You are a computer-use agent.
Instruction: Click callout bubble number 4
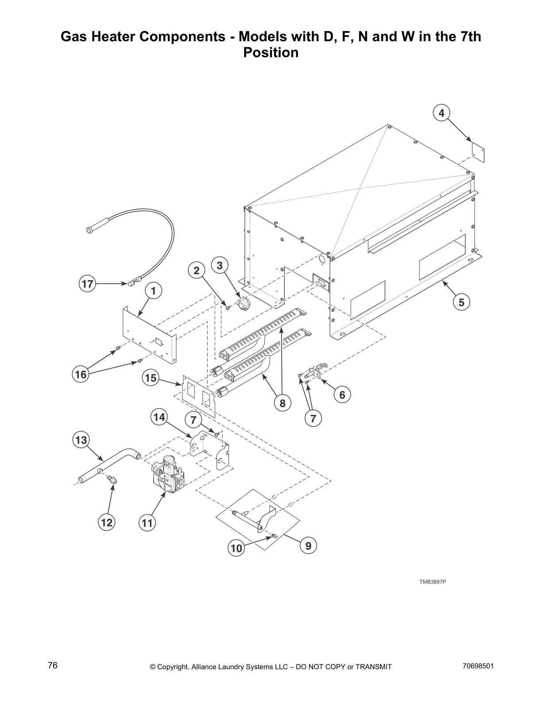(x=441, y=113)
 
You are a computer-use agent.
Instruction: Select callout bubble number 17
(x=88, y=284)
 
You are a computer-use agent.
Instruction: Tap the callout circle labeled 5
(x=461, y=303)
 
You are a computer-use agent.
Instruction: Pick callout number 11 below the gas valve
(x=147, y=523)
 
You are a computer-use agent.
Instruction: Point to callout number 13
(x=81, y=440)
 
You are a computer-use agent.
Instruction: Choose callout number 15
(x=151, y=378)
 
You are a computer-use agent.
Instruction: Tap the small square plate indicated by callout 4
(x=476, y=151)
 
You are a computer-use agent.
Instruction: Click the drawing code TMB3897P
(x=433, y=581)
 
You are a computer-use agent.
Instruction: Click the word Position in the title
(x=271, y=53)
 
